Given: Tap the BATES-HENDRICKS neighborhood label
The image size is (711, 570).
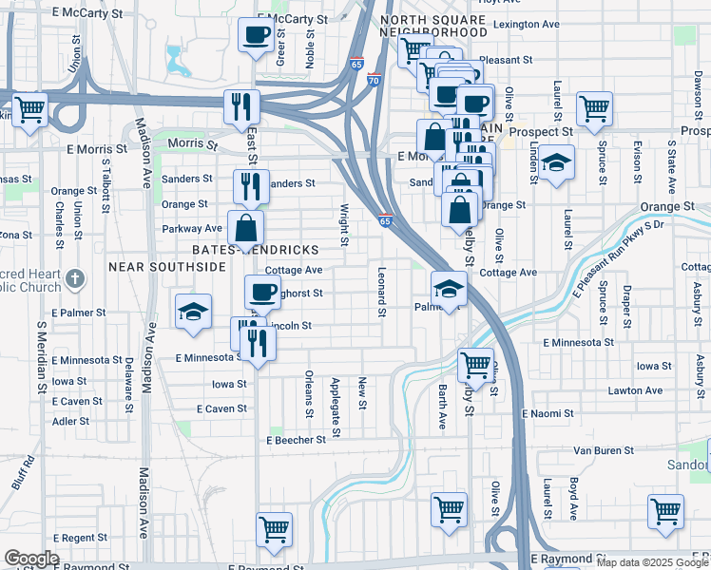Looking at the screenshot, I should point(255,249).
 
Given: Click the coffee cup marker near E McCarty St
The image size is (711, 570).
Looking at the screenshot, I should point(256,37).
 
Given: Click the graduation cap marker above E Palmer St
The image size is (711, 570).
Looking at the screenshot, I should point(193,312).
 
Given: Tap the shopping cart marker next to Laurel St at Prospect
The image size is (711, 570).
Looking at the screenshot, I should point(594,109).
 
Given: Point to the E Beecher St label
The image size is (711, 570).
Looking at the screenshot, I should point(302,441).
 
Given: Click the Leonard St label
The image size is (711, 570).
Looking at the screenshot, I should point(382,291).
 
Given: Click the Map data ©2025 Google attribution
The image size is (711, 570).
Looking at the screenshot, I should point(652,562).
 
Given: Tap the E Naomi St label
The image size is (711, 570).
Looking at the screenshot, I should point(548,413).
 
